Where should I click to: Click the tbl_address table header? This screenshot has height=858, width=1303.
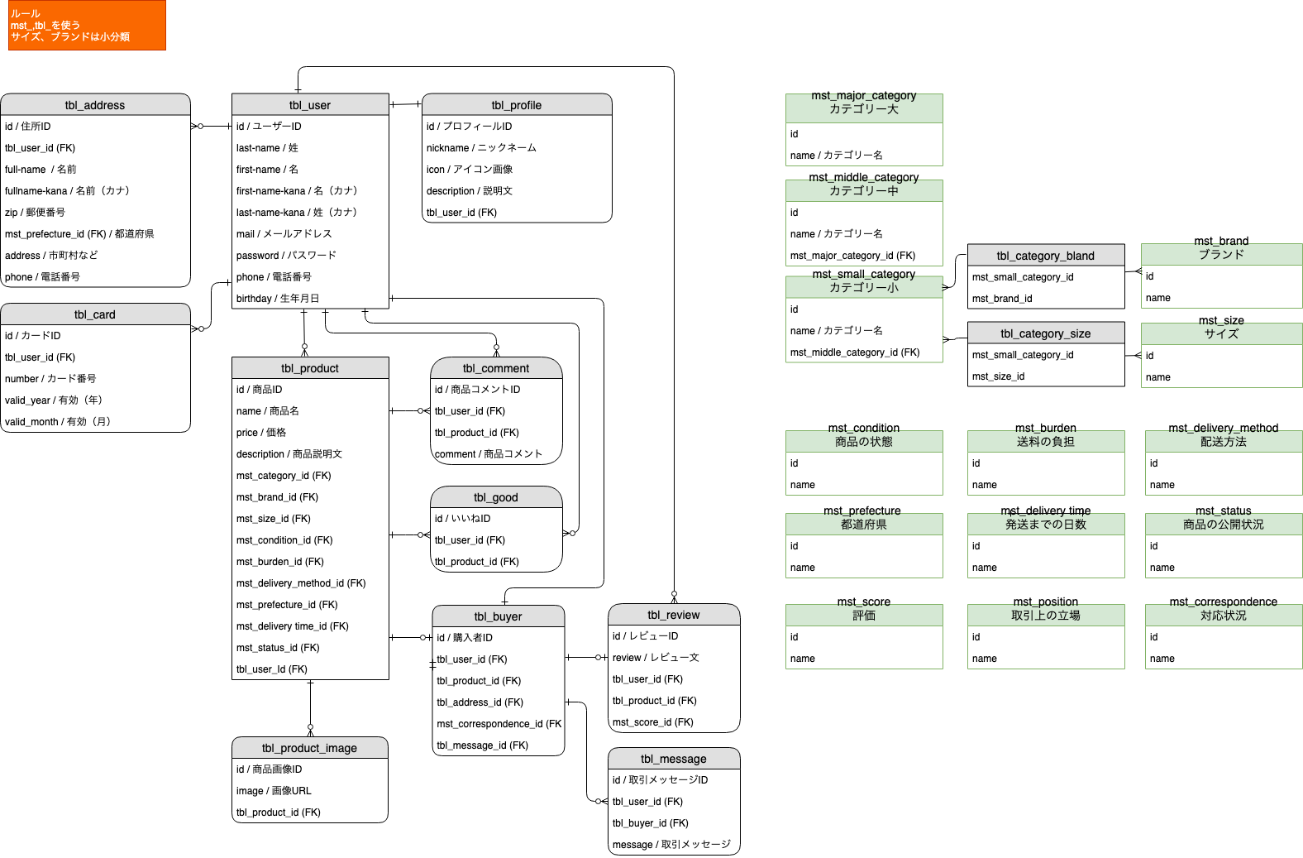95,105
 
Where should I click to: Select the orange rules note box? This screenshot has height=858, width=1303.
87,26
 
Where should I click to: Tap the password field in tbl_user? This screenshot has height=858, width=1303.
286,256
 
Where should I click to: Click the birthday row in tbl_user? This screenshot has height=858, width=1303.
278,299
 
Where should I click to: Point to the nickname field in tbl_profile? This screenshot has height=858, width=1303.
481,148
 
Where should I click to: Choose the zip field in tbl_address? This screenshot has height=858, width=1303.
36,213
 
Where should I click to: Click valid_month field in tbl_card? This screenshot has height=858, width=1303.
58,422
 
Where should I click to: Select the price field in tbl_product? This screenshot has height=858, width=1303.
261,433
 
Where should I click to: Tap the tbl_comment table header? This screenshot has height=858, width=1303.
496,368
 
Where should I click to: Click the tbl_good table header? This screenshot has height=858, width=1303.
496,497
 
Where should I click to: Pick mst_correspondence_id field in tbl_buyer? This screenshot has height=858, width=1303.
499,724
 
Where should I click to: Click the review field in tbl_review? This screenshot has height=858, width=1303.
656,658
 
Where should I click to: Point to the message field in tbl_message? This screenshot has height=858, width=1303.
671,845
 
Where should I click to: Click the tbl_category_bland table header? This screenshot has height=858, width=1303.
1046,256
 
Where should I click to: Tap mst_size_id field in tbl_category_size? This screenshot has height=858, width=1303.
999,376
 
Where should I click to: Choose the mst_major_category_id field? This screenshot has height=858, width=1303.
852,256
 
